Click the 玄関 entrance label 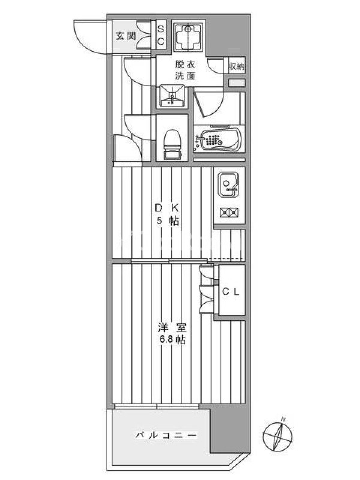tap(125, 37)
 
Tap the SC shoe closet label tap(161, 35)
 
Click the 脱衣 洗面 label tap(185, 70)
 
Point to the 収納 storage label tap(237, 67)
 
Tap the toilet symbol tap(172, 145)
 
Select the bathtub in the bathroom tap(218, 140)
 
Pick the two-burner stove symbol tap(230, 212)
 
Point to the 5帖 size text tap(168, 221)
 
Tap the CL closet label tap(231, 292)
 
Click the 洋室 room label tap(172, 328)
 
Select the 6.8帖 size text tap(172, 340)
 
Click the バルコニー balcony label tap(166, 435)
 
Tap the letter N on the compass tap(283, 419)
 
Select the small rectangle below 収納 tap(237, 83)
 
